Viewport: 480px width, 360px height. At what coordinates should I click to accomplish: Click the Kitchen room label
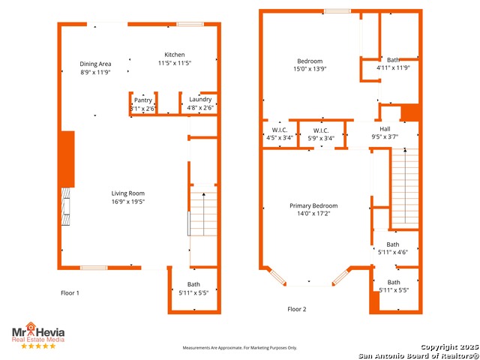175,55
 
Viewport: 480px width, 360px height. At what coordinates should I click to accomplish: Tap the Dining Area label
95,64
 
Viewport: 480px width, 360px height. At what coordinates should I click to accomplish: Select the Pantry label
143,100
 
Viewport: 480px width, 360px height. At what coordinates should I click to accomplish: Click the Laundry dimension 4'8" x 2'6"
200,108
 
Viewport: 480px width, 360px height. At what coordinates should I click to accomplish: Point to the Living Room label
127,193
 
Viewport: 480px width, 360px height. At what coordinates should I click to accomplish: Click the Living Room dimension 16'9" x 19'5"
128,202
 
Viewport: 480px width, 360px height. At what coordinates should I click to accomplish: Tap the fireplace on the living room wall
66,207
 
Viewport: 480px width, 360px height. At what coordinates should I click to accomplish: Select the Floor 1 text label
70,293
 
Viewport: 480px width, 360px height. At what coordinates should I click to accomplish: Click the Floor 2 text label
297,309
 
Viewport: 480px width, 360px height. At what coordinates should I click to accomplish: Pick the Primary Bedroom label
313,205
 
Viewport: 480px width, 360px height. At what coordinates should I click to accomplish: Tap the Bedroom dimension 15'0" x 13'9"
310,69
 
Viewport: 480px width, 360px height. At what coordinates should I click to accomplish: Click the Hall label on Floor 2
385,129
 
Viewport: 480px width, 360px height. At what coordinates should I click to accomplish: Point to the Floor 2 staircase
405,187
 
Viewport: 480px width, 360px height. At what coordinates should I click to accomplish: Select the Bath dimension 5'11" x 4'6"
393,253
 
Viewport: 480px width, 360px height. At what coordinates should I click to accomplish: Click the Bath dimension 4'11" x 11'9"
393,68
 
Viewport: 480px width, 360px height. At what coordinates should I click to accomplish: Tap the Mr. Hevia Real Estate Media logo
38,331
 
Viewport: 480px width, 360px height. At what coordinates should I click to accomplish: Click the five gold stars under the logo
38,346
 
